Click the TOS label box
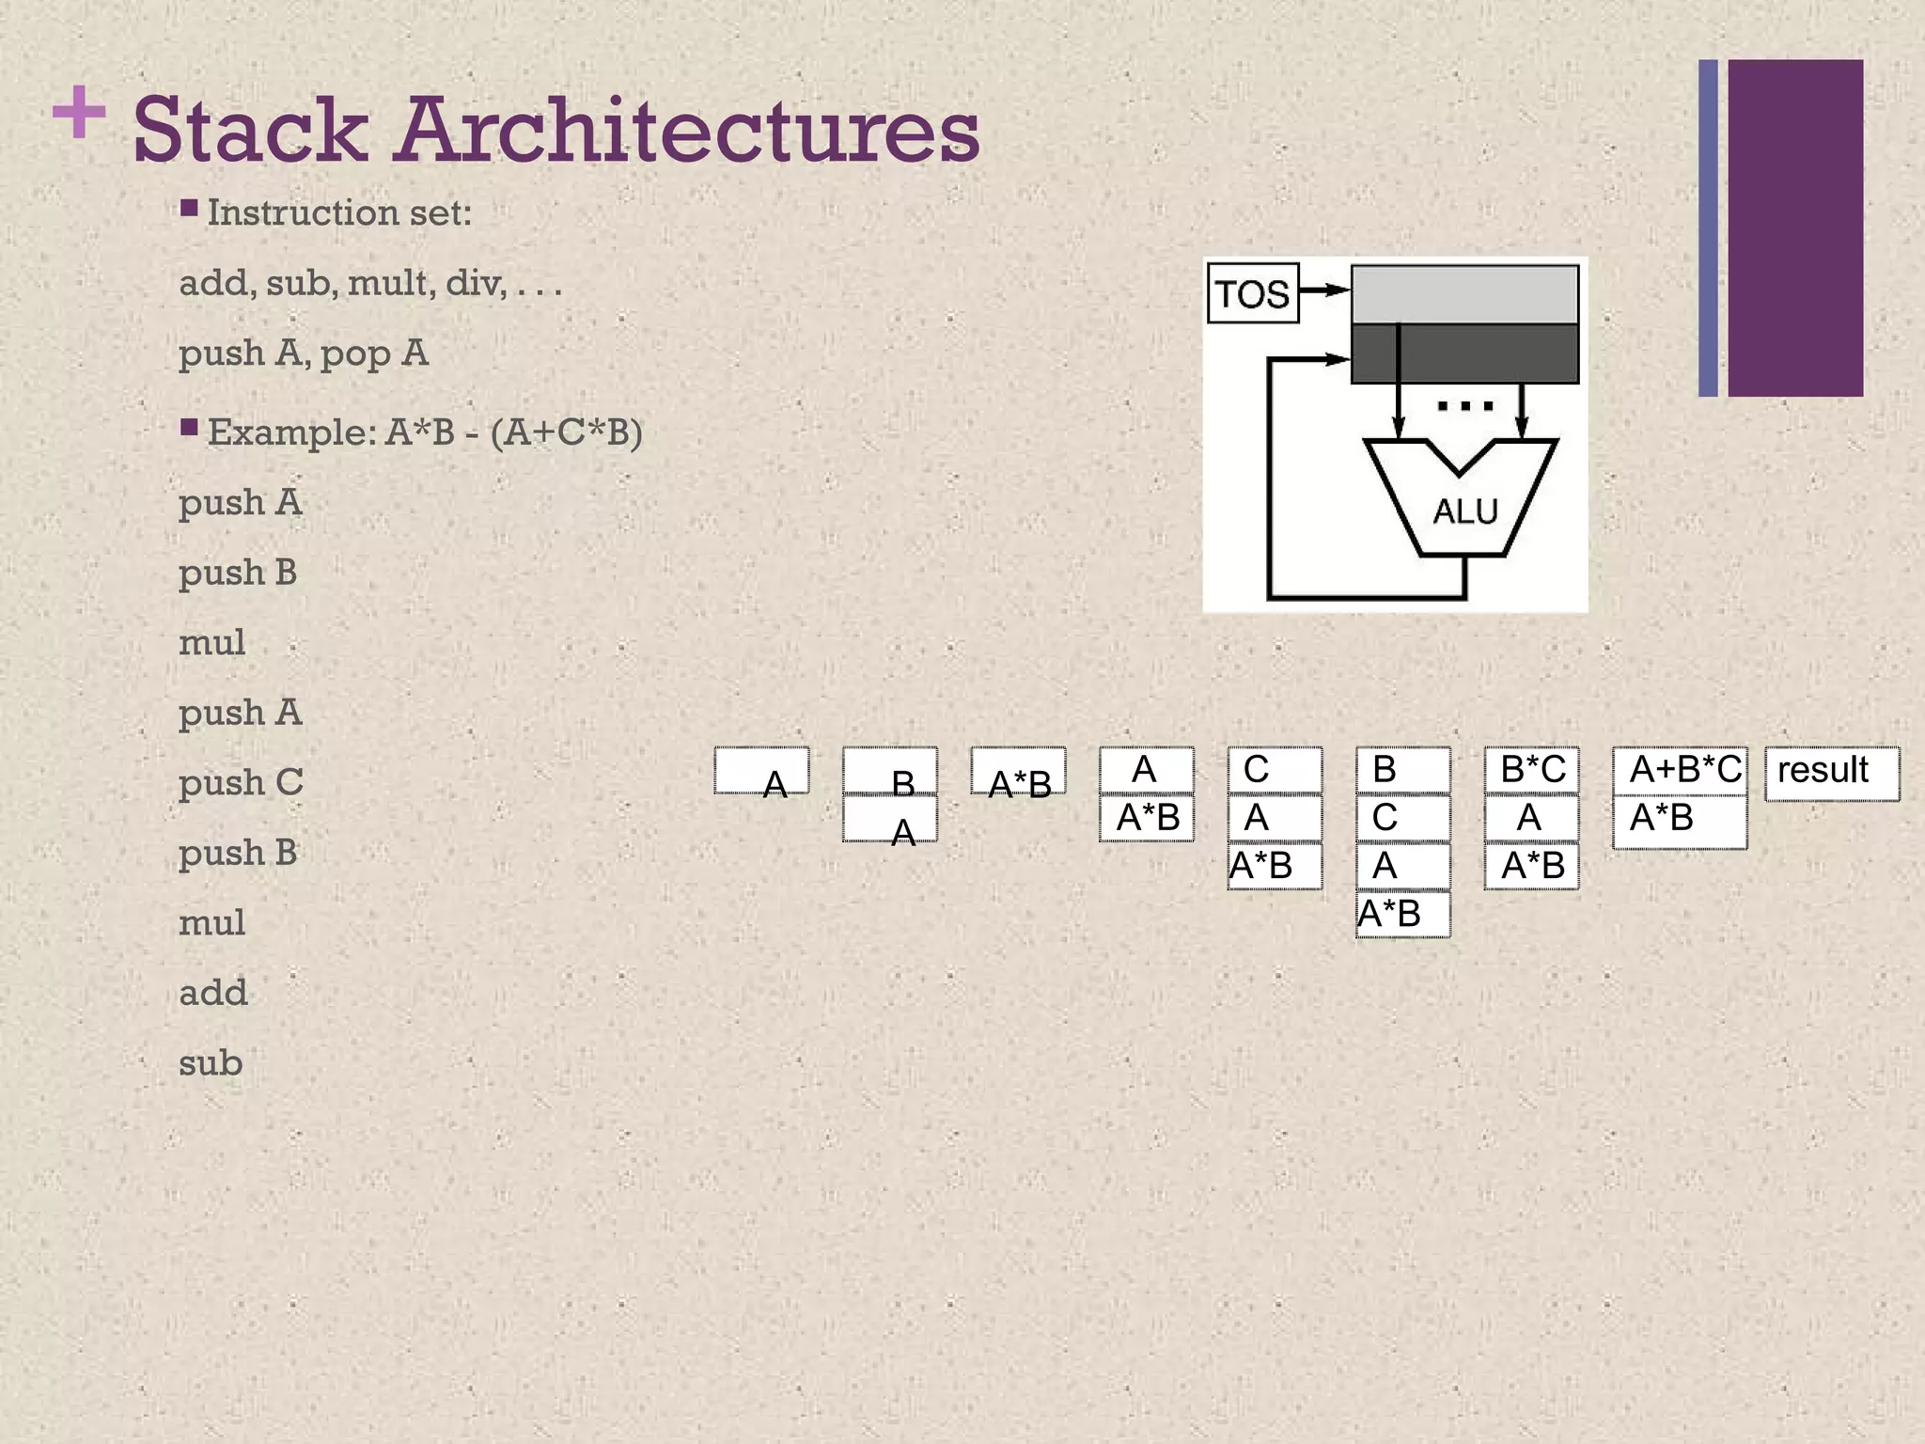(x=1252, y=294)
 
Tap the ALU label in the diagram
(x=1464, y=511)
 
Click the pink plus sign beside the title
(x=79, y=112)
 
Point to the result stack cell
(x=1831, y=773)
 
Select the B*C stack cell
(x=1532, y=770)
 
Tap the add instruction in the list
(x=213, y=993)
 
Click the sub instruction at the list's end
(x=211, y=1063)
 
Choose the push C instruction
(x=241, y=782)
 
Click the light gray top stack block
(x=1464, y=294)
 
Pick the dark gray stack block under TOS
(x=1464, y=353)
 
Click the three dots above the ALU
(x=1464, y=407)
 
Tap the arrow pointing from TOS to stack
(x=1325, y=290)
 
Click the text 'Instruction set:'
(x=338, y=213)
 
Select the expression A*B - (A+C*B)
(x=514, y=432)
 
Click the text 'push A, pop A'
(x=304, y=353)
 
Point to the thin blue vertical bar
(x=1708, y=228)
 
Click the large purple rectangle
(x=1795, y=228)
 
